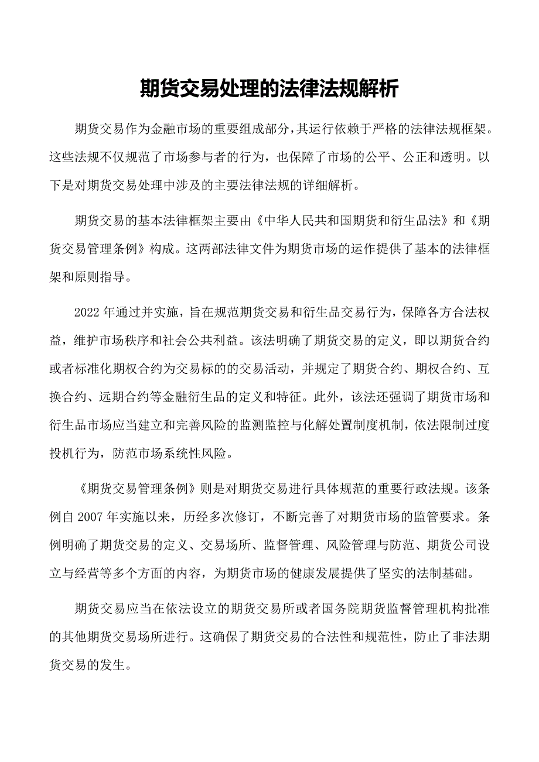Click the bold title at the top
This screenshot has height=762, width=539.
pyautogui.click(x=269, y=89)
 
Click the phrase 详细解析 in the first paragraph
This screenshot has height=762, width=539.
pyautogui.click(x=329, y=186)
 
